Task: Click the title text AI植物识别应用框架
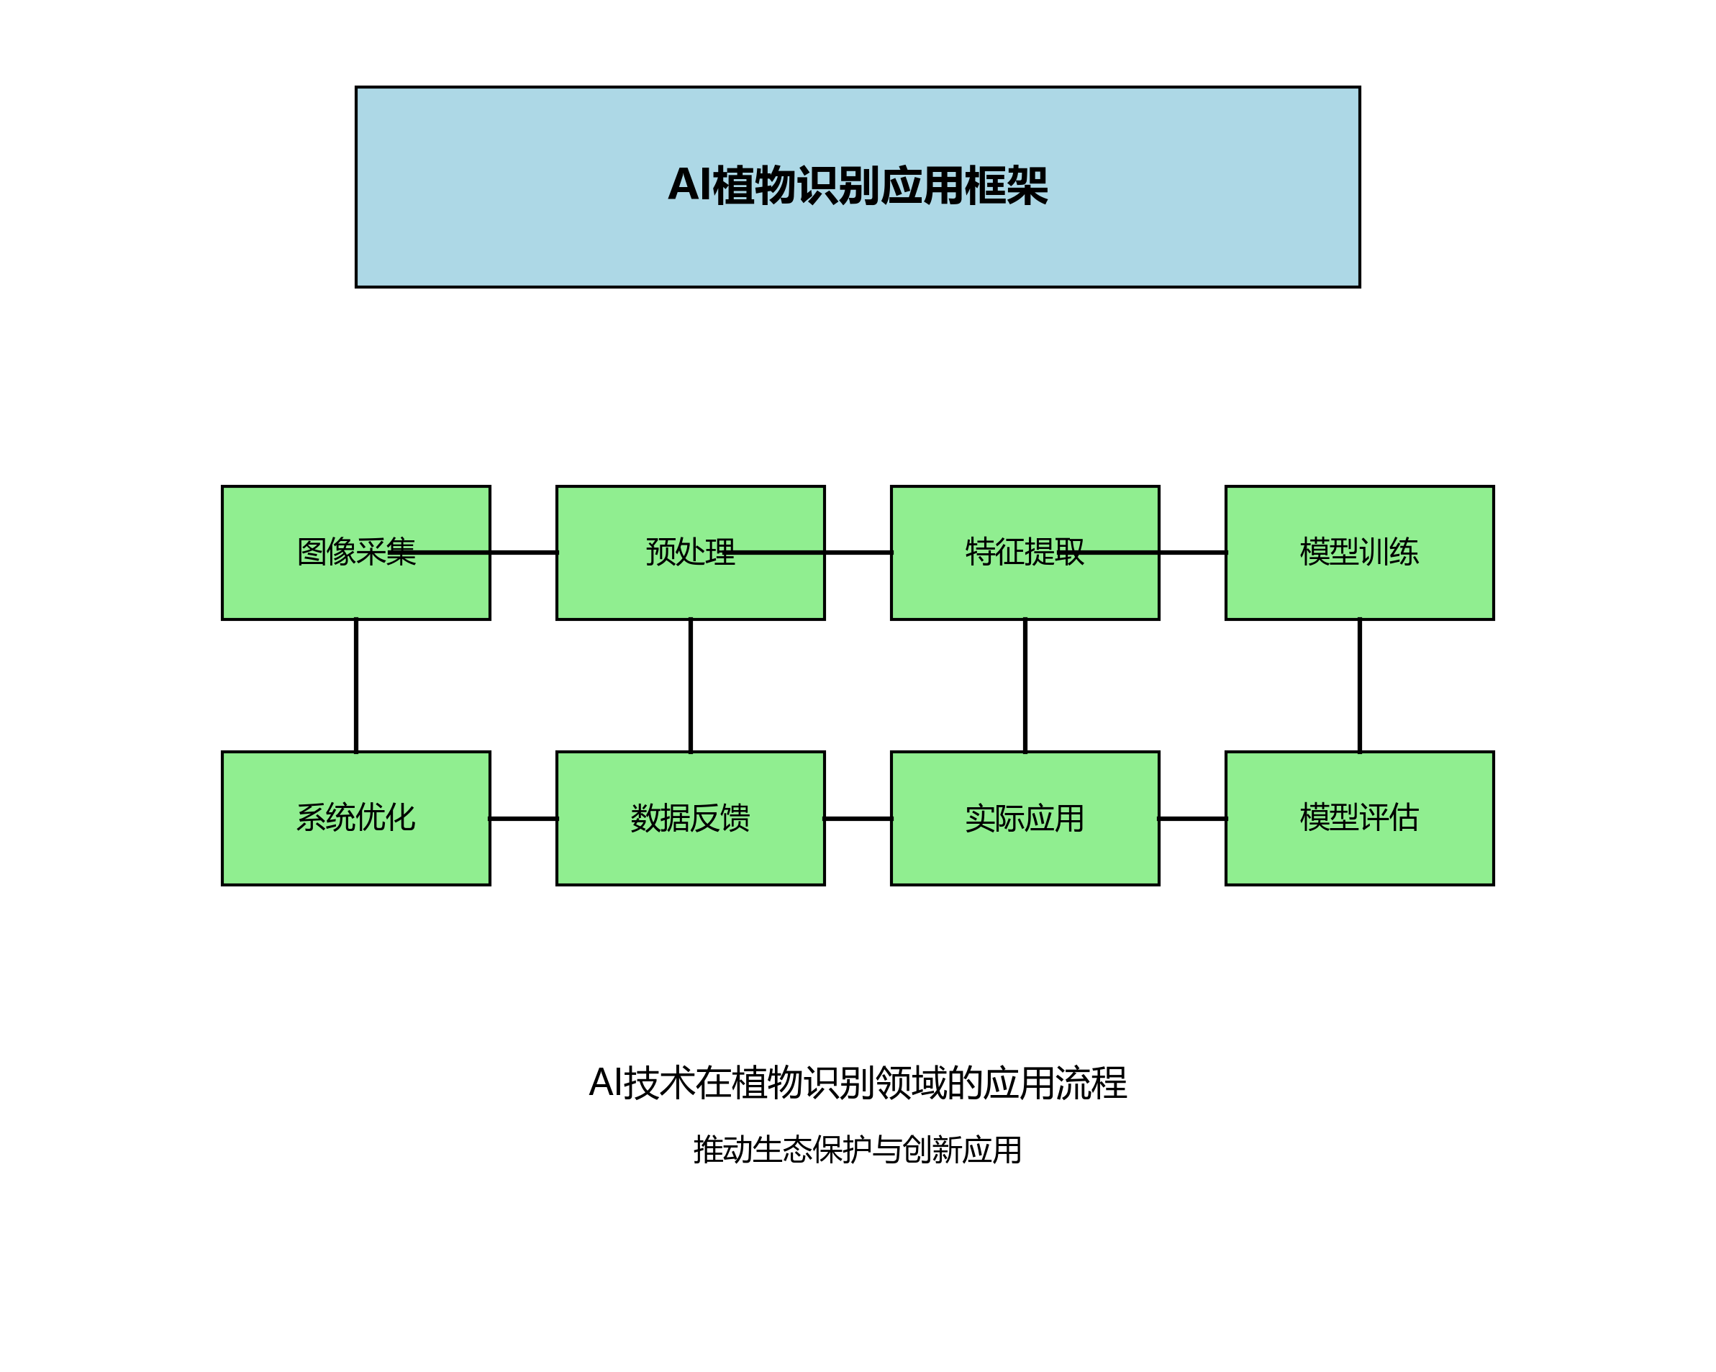click(858, 186)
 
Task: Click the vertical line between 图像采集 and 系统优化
click(355, 685)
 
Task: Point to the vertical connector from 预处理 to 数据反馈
click(690, 685)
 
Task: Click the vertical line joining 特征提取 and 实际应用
click(1025, 685)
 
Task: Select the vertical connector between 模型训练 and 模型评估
click(1358, 685)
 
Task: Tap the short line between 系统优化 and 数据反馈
click(523, 818)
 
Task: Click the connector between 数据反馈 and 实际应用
click(857, 818)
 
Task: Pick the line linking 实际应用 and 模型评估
click(1191, 818)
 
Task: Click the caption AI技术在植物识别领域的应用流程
click(857, 1083)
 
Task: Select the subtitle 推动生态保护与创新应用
click(857, 1149)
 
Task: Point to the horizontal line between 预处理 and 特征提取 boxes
click(857, 553)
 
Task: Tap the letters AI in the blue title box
click(689, 186)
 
